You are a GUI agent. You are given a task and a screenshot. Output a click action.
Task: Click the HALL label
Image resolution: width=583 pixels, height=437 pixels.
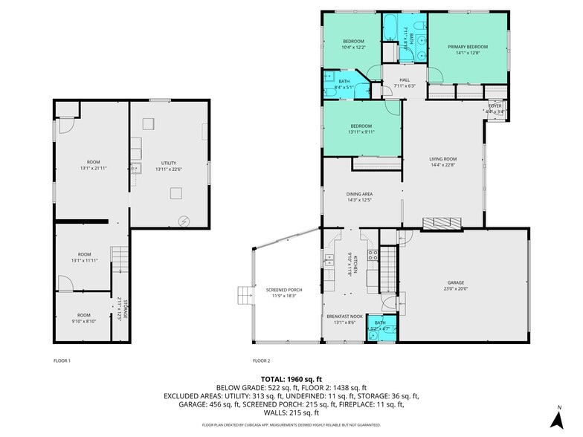click(x=404, y=80)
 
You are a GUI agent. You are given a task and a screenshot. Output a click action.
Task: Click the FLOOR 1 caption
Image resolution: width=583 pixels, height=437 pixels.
click(x=62, y=360)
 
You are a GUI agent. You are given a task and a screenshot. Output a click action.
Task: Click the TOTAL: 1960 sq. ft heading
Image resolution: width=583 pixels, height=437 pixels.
click(x=291, y=379)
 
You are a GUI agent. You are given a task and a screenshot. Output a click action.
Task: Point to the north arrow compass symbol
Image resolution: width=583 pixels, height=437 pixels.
click(x=558, y=418)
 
